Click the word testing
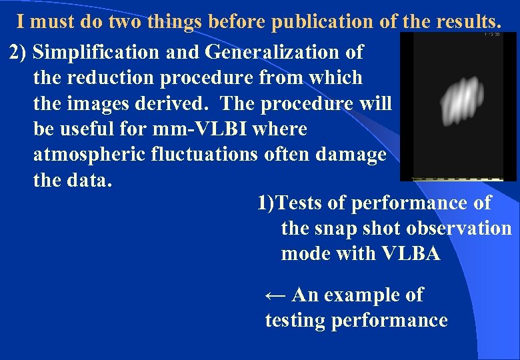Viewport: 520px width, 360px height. pos(295,320)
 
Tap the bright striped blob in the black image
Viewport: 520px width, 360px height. pos(463,103)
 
